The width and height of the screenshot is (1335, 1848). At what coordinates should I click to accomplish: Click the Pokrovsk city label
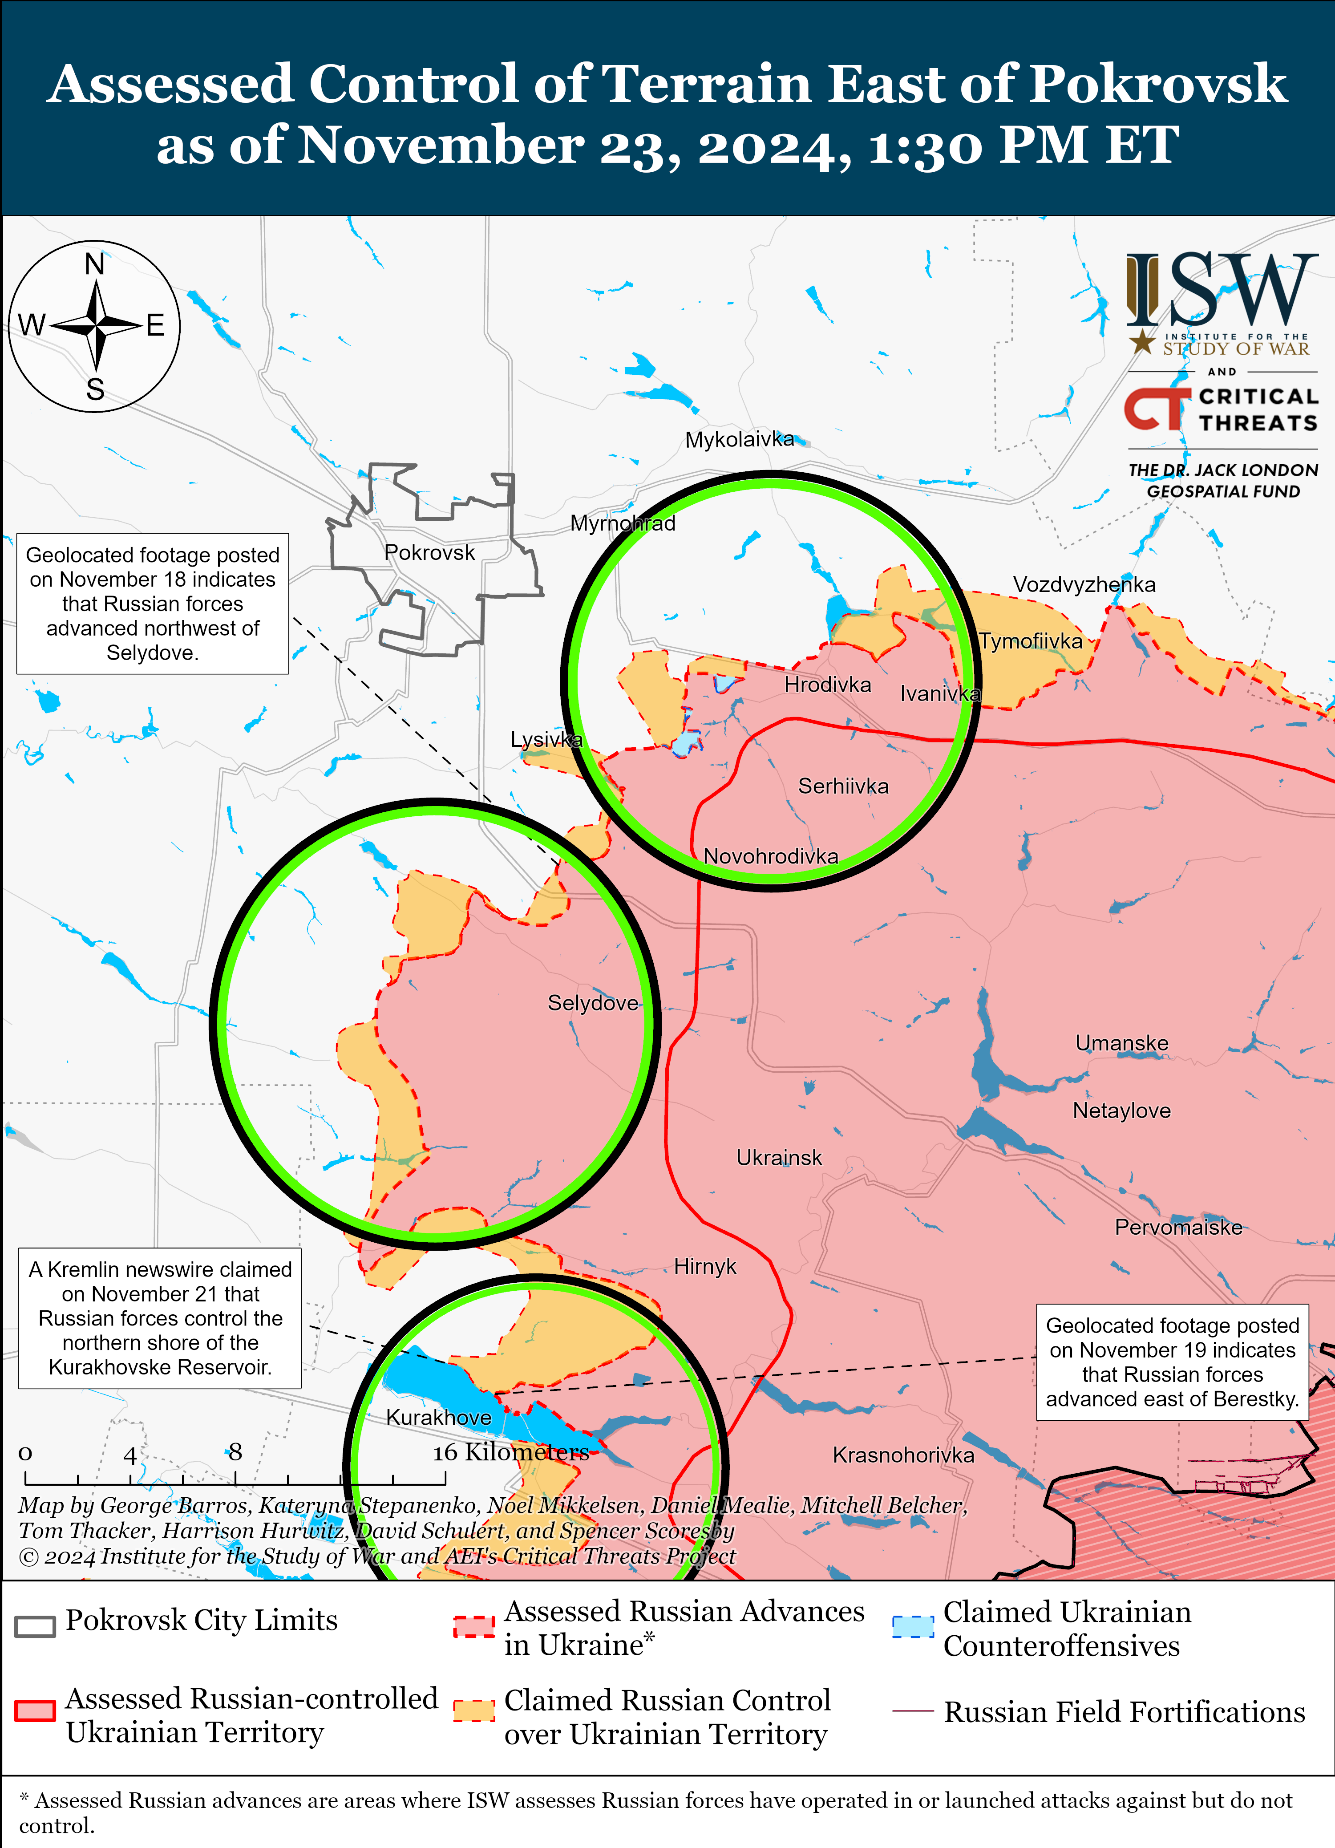tap(429, 553)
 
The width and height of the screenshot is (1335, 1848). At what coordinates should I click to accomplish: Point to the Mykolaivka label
tap(739, 440)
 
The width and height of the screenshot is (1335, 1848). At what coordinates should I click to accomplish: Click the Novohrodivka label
tap(771, 856)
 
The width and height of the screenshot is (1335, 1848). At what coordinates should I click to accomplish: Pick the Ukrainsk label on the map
tap(779, 1158)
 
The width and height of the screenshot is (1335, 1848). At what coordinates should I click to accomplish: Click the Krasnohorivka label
tap(902, 1455)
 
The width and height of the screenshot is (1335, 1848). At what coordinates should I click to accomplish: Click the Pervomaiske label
tap(1178, 1228)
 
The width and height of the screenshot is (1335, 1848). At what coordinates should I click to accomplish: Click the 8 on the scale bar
tap(235, 1452)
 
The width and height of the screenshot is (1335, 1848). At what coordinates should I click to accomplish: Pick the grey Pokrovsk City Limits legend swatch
tap(35, 1625)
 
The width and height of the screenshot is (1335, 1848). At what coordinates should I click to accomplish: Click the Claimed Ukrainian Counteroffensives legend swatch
tap(912, 1626)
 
